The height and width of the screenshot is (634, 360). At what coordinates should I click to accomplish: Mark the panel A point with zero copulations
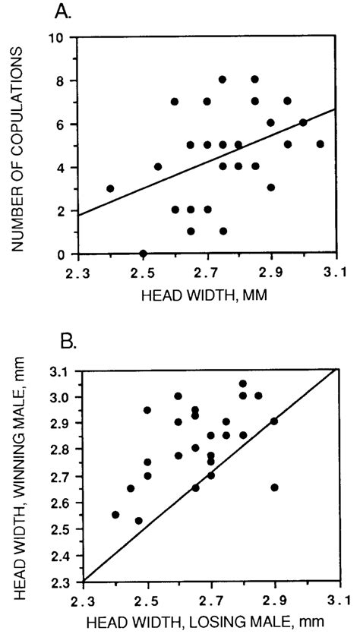click(143, 254)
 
